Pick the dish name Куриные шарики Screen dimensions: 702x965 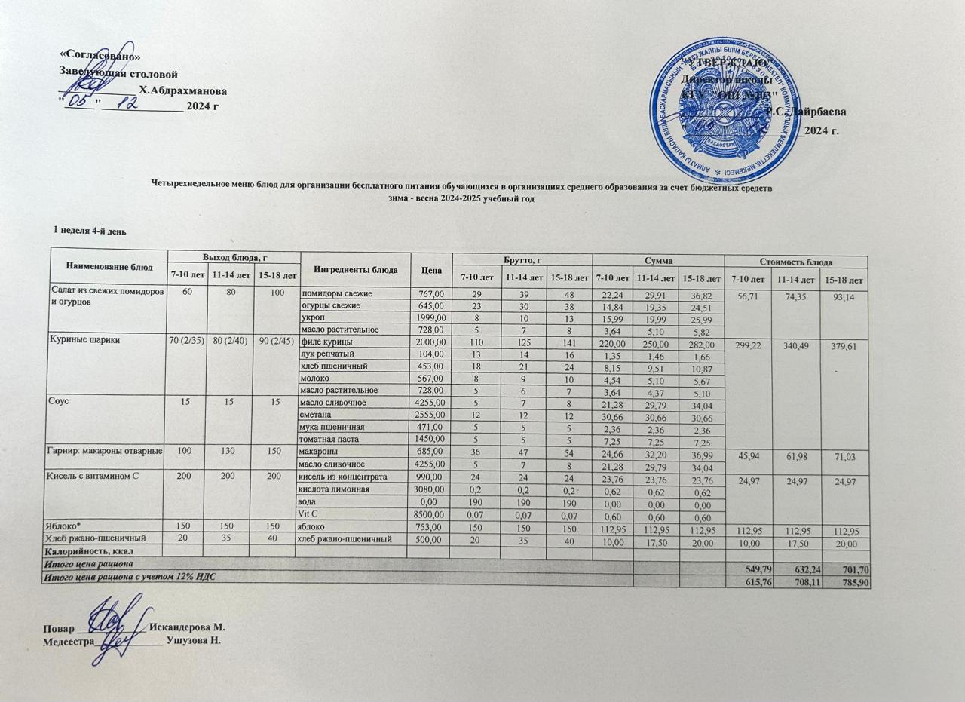pyautogui.click(x=82, y=341)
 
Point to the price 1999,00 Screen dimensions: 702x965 pyautogui.click(x=430, y=317)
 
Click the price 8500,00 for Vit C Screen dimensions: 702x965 pyautogui.click(x=430, y=514)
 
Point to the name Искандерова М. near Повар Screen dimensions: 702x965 pyautogui.click(x=188, y=627)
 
